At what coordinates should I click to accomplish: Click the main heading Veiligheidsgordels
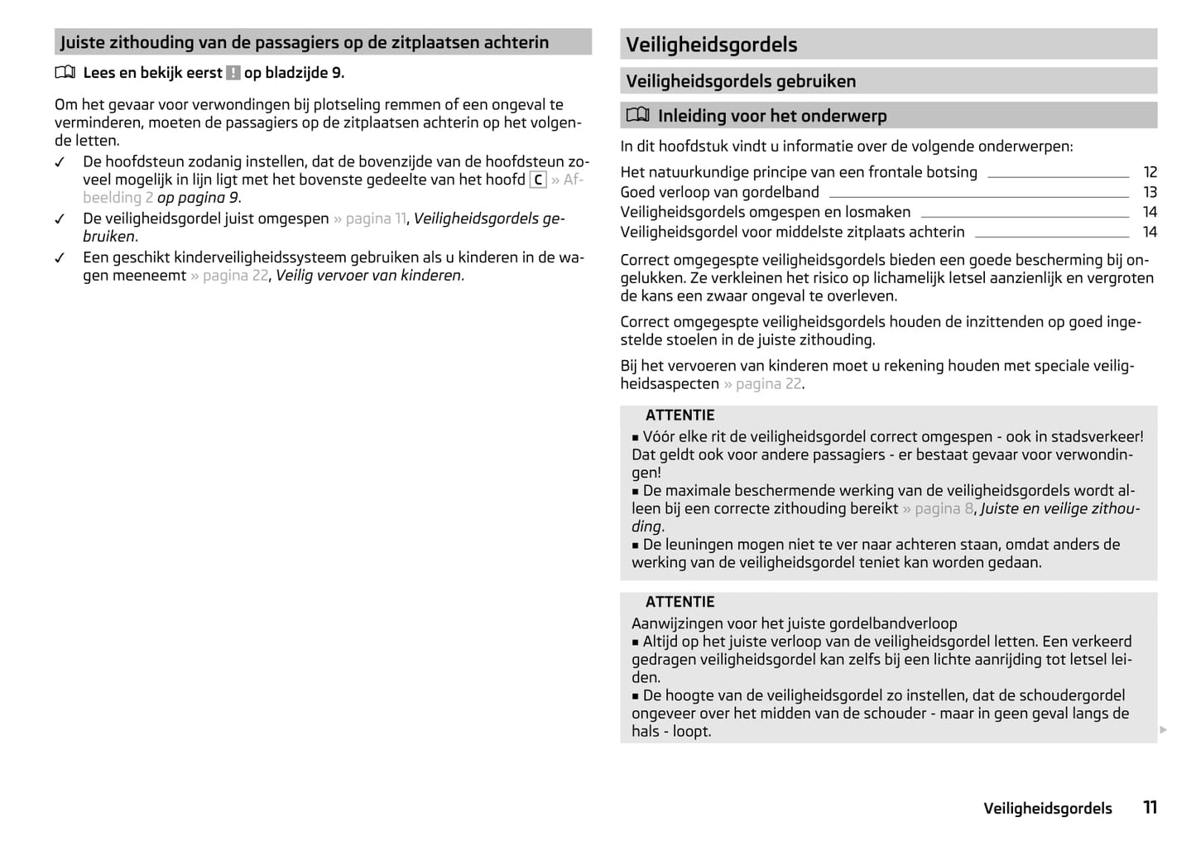(711, 45)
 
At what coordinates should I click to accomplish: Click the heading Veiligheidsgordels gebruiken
(740, 81)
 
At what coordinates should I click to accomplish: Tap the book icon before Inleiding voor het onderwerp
(637, 115)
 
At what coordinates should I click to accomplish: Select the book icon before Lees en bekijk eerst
(65, 73)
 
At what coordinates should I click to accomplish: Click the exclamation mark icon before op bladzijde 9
(233, 73)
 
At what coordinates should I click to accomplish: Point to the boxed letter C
(538, 180)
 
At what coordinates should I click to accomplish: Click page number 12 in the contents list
(1150, 172)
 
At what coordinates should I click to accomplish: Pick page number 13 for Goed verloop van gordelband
(1150, 192)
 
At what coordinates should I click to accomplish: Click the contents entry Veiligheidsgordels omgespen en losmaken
(765, 212)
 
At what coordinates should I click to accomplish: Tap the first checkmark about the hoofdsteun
(60, 162)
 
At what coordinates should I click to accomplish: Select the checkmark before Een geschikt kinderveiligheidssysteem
(60, 258)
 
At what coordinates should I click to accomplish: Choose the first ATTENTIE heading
(680, 416)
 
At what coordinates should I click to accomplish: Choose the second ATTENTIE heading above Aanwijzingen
(680, 603)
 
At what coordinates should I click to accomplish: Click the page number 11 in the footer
(1150, 807)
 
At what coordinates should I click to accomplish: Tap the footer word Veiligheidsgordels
(1047, 809)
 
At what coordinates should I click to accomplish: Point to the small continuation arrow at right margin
(1163, 729)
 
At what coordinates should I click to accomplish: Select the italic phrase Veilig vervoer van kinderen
(369, 276)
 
